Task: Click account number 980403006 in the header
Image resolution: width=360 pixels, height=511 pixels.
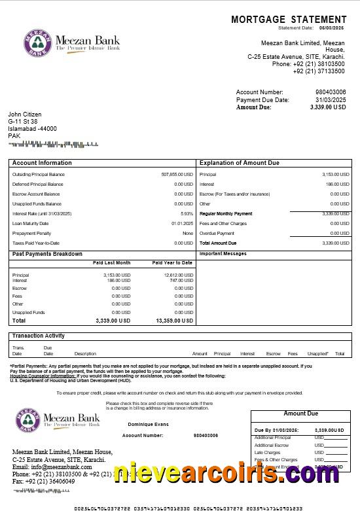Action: [331, 92]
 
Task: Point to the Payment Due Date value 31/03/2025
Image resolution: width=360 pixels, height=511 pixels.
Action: [331, 99]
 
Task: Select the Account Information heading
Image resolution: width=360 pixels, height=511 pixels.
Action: [42, 163]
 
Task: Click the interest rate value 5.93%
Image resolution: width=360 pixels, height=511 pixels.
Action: [187, 213]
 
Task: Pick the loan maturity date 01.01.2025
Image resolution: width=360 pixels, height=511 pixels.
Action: [182, 223]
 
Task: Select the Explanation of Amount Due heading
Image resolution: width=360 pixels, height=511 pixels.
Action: [239, 163]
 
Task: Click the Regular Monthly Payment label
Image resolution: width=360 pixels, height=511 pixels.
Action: [226, 214]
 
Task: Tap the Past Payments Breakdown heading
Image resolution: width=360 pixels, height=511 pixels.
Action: [47, 254]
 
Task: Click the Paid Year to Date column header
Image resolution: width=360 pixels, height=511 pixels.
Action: [172, 262]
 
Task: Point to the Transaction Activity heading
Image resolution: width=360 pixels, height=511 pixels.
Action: [39, 336]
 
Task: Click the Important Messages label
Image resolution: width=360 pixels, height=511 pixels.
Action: [223, 254]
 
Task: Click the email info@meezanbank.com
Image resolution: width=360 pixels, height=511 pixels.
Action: [43, 467]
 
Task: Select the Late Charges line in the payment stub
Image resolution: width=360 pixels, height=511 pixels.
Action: [267, 452]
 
